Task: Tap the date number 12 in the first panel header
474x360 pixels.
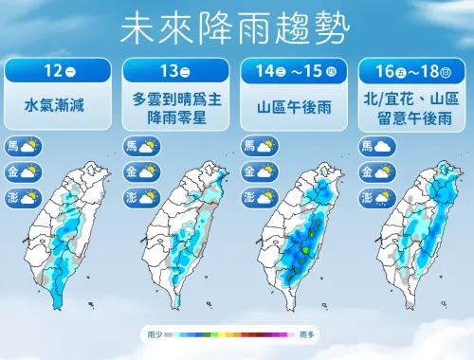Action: point(50,71)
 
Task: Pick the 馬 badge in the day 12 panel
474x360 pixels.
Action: point(13,146)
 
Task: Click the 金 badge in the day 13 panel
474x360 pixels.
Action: point(131,171)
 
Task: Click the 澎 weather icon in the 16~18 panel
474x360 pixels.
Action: point(384,197)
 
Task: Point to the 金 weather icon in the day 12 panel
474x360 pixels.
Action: point(30,171)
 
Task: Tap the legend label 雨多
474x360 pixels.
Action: point(305,335)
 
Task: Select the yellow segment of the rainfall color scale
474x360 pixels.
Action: point(228,335)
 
